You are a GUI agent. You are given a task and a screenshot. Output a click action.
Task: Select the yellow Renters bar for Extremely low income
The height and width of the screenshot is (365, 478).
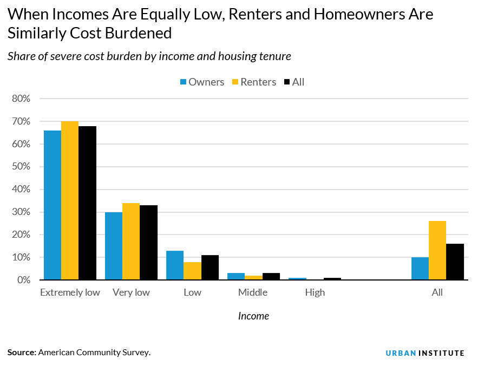(x=70, y=200)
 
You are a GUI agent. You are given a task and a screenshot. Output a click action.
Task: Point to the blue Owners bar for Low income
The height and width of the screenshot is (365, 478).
(x=175, y=265)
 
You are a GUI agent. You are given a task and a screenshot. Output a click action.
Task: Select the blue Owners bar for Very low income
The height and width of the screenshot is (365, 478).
(x=114, y=246)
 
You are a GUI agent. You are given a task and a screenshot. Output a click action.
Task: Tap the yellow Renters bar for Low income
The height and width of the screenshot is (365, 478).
(x=192, y=271)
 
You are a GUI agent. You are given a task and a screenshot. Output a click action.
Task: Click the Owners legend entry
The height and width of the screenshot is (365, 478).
(x=202, y=82)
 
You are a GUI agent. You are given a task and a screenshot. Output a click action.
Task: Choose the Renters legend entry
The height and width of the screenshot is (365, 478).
(x=253, y=82)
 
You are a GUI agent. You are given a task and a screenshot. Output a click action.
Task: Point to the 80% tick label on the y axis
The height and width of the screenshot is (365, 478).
(x=21, y=99)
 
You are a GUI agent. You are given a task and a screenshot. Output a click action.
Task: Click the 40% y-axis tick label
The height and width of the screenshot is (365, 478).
(x=21, y=190)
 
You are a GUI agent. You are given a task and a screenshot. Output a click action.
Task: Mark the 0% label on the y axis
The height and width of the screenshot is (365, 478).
(x=23, y=280)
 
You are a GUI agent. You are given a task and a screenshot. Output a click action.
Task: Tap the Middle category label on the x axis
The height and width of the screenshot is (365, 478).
(x=253, y=292)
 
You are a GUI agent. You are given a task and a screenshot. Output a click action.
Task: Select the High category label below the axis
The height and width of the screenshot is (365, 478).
(x=315, y=292)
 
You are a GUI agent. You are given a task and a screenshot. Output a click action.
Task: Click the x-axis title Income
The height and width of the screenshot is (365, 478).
(x=253, y=316)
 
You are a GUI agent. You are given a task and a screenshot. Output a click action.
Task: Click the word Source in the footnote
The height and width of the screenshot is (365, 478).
(x=21, y=353)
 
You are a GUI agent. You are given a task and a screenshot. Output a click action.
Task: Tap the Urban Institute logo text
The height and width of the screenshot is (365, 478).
(x=425, y=353)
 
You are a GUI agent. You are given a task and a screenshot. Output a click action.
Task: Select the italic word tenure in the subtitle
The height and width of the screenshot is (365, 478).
(x=276, y=56)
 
